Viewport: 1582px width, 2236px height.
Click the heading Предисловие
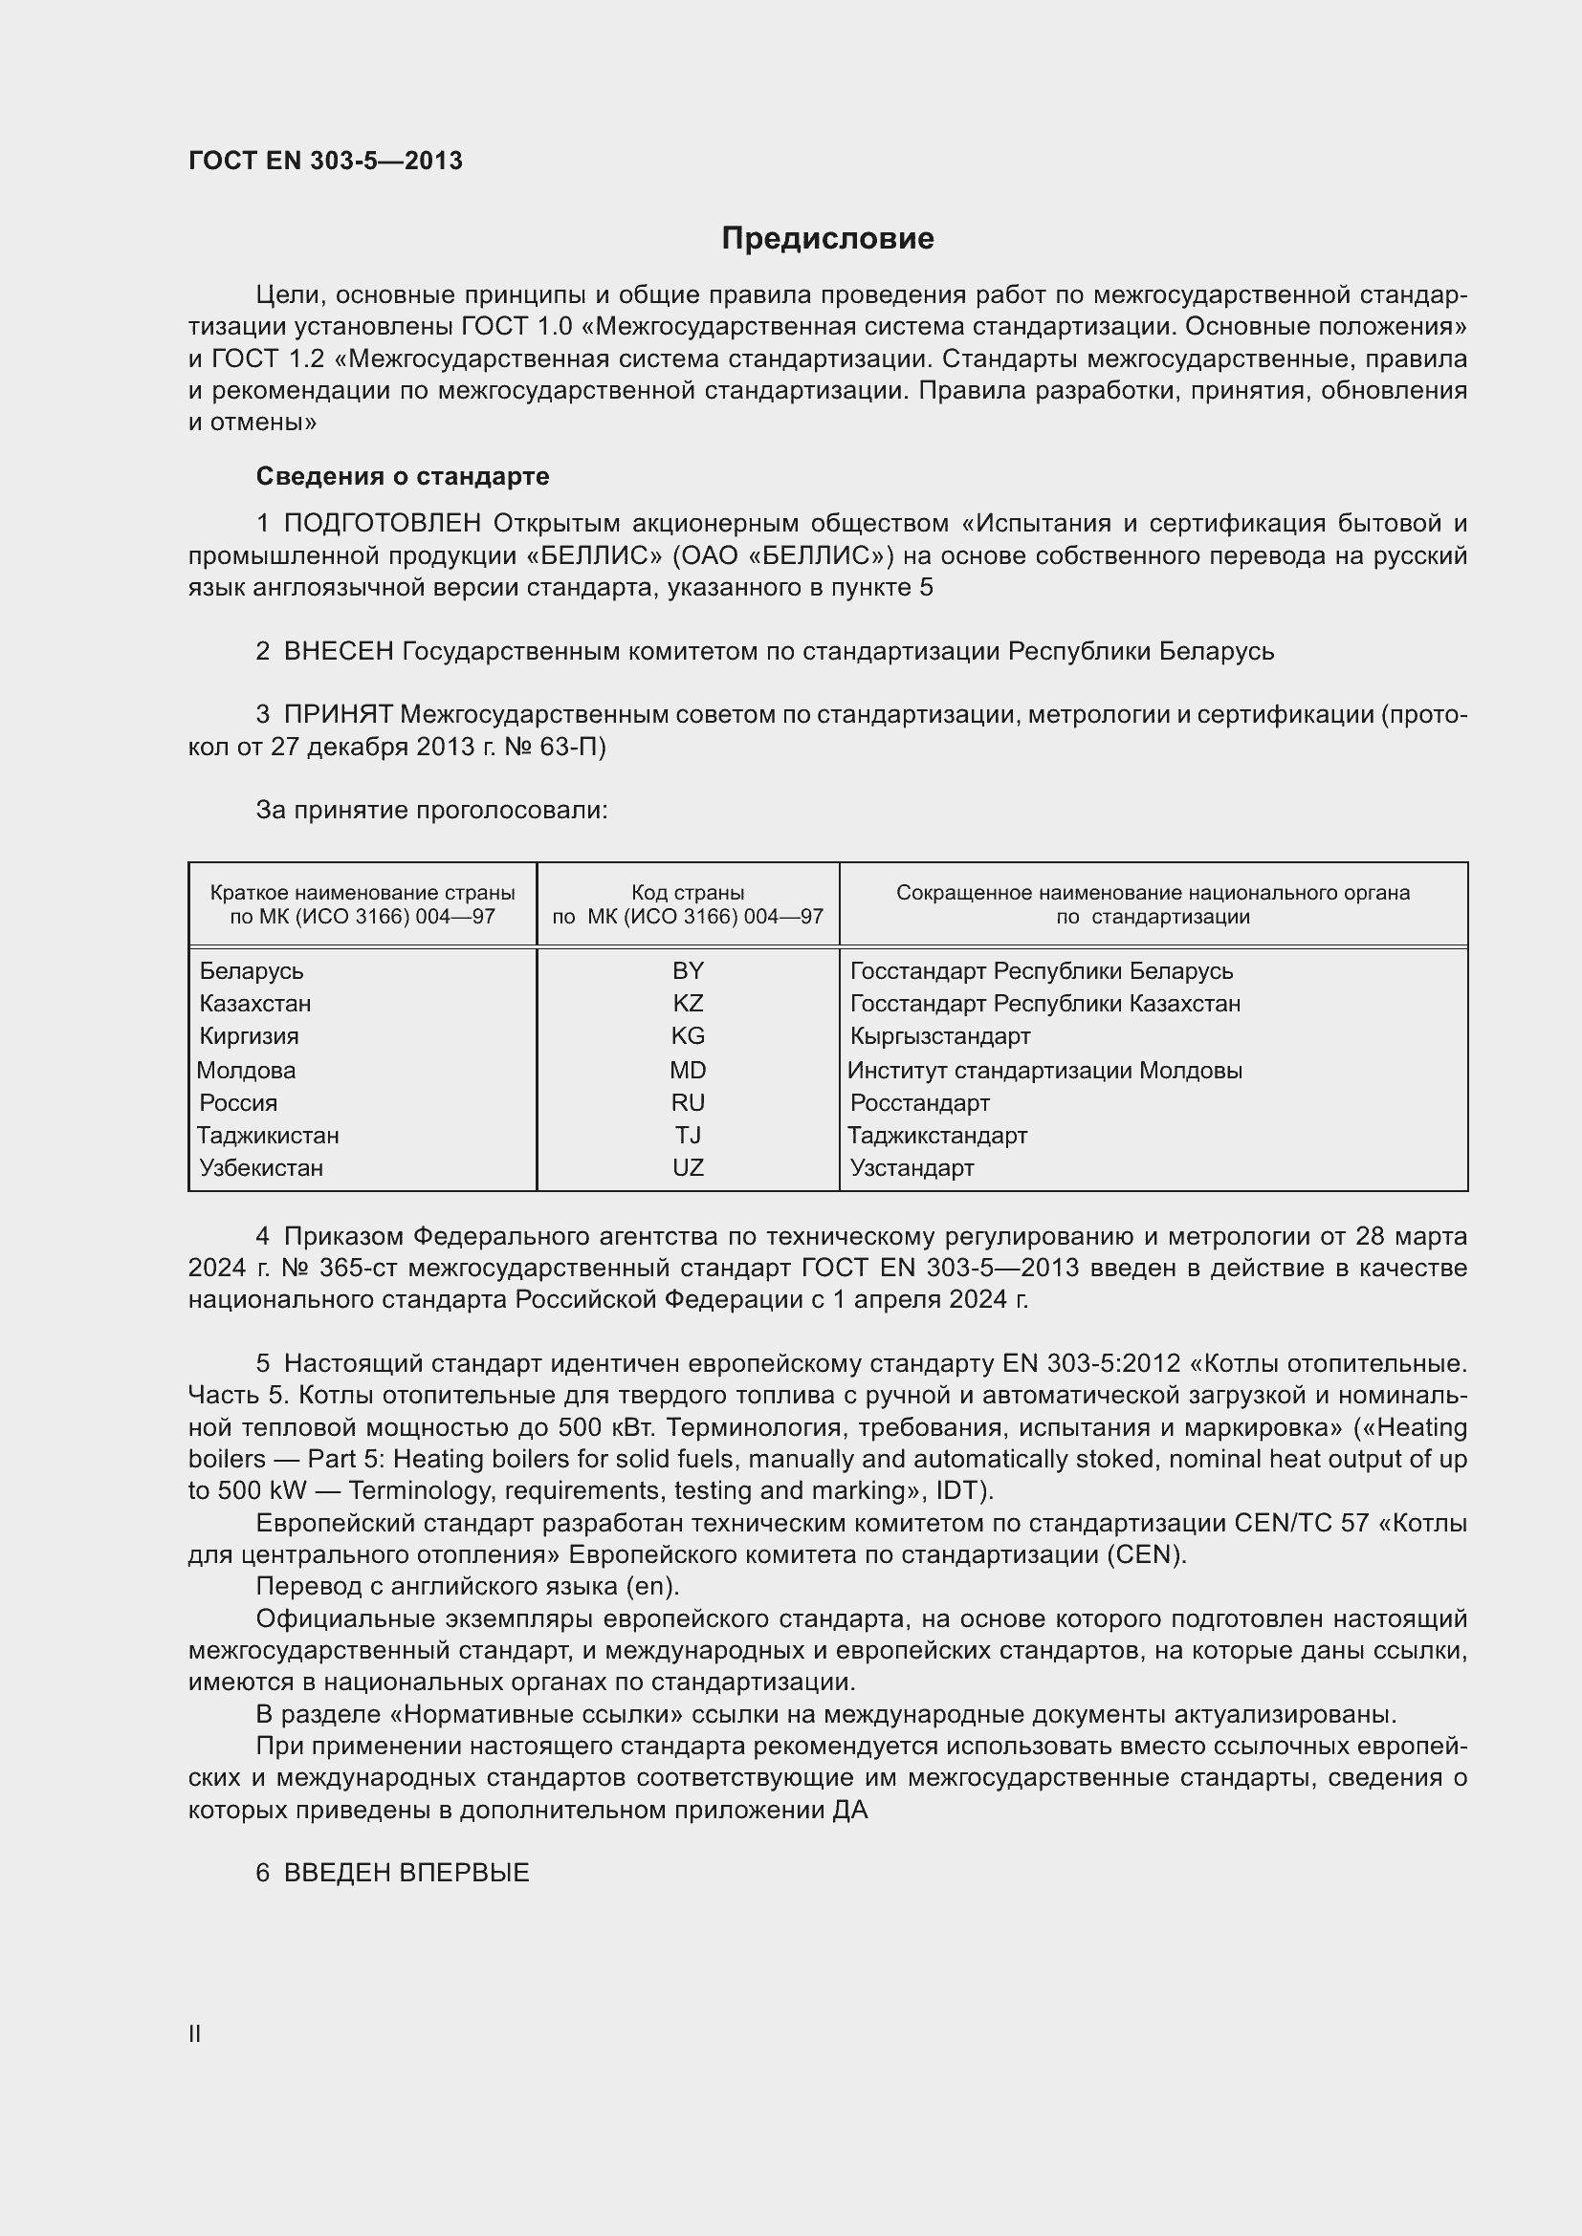click(x=827, y=238)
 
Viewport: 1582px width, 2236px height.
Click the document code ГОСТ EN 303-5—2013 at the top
click(x=325, y=161)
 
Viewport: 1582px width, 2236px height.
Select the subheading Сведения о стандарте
click(x=403, y=476)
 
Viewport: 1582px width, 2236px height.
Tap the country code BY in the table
click(x=688, y=971)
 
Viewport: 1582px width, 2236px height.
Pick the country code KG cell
click(x=688, y=1035)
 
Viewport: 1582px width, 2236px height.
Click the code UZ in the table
click(x=688, y=1167)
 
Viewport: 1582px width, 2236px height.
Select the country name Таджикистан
click(x=268, y=1136)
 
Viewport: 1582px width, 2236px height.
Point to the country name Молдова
click(x=247, y=1071)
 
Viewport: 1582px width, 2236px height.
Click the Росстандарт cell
click(x=919, y=1103)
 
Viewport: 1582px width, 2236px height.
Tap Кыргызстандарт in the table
click(x=940, y=1035)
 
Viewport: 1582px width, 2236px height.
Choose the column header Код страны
click(x=688, y=892)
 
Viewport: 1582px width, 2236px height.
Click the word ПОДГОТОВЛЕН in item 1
click(x=382, y=524)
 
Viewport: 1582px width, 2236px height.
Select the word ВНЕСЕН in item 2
click(x=338, y=651)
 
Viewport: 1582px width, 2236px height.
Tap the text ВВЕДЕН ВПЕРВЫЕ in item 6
click(x=406, y=1873)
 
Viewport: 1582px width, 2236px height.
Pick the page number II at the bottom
click(x=195, y=2033)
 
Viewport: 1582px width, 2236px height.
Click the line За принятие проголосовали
click(x=431, y=811)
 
